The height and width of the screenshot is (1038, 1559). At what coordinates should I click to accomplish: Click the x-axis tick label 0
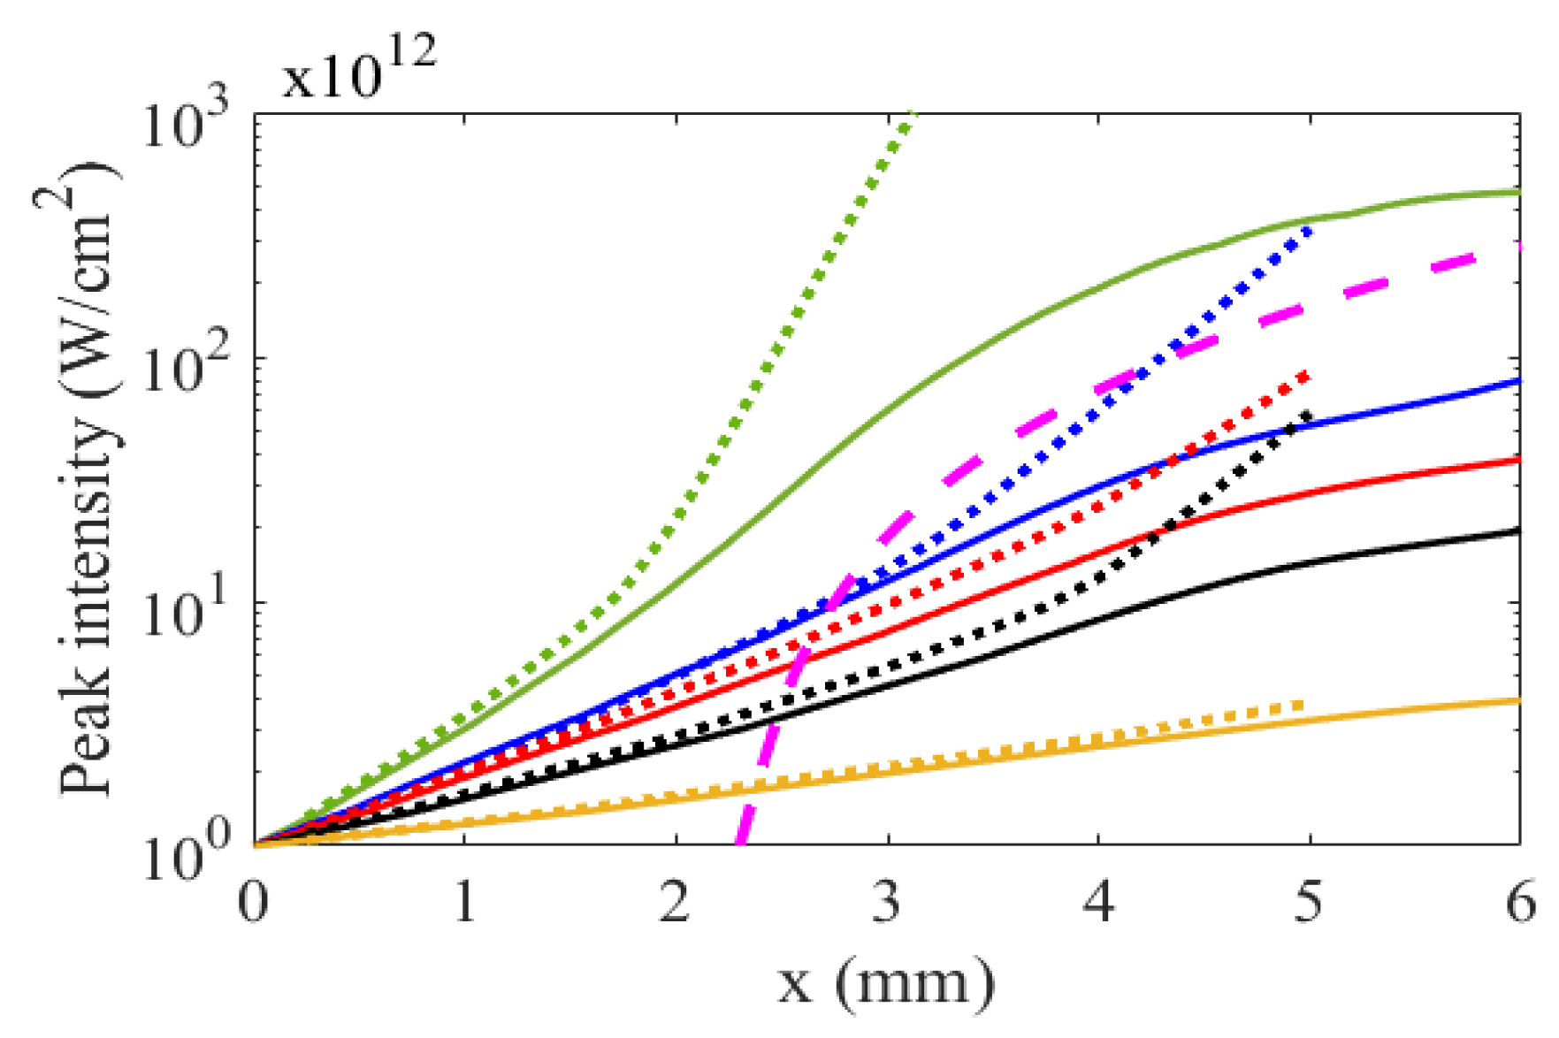254,904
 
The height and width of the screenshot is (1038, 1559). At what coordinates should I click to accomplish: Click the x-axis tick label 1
465,904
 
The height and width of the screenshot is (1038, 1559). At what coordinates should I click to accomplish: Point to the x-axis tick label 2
676,904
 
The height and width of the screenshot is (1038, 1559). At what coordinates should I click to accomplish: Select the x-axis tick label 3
887,904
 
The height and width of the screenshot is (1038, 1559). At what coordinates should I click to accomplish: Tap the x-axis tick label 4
1098,904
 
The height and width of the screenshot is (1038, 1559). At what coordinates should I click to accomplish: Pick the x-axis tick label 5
1309,904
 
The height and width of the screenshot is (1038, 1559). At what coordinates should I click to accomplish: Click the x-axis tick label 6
1520,904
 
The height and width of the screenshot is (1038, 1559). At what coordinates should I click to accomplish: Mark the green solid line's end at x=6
1518,192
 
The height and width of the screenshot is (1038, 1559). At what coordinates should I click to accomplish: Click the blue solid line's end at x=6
1518,381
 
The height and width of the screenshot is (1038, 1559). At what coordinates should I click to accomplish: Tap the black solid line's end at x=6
1518,530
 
